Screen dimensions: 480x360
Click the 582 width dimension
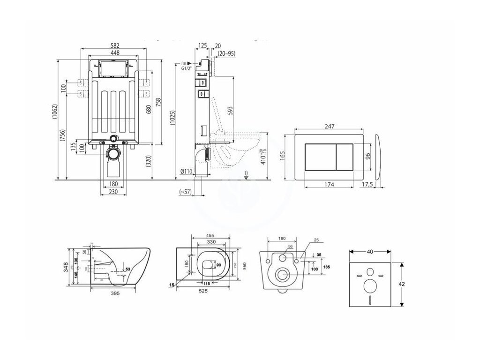115,45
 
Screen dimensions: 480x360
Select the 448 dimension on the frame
115,53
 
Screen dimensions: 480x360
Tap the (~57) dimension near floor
186,192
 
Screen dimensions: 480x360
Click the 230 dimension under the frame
113,191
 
